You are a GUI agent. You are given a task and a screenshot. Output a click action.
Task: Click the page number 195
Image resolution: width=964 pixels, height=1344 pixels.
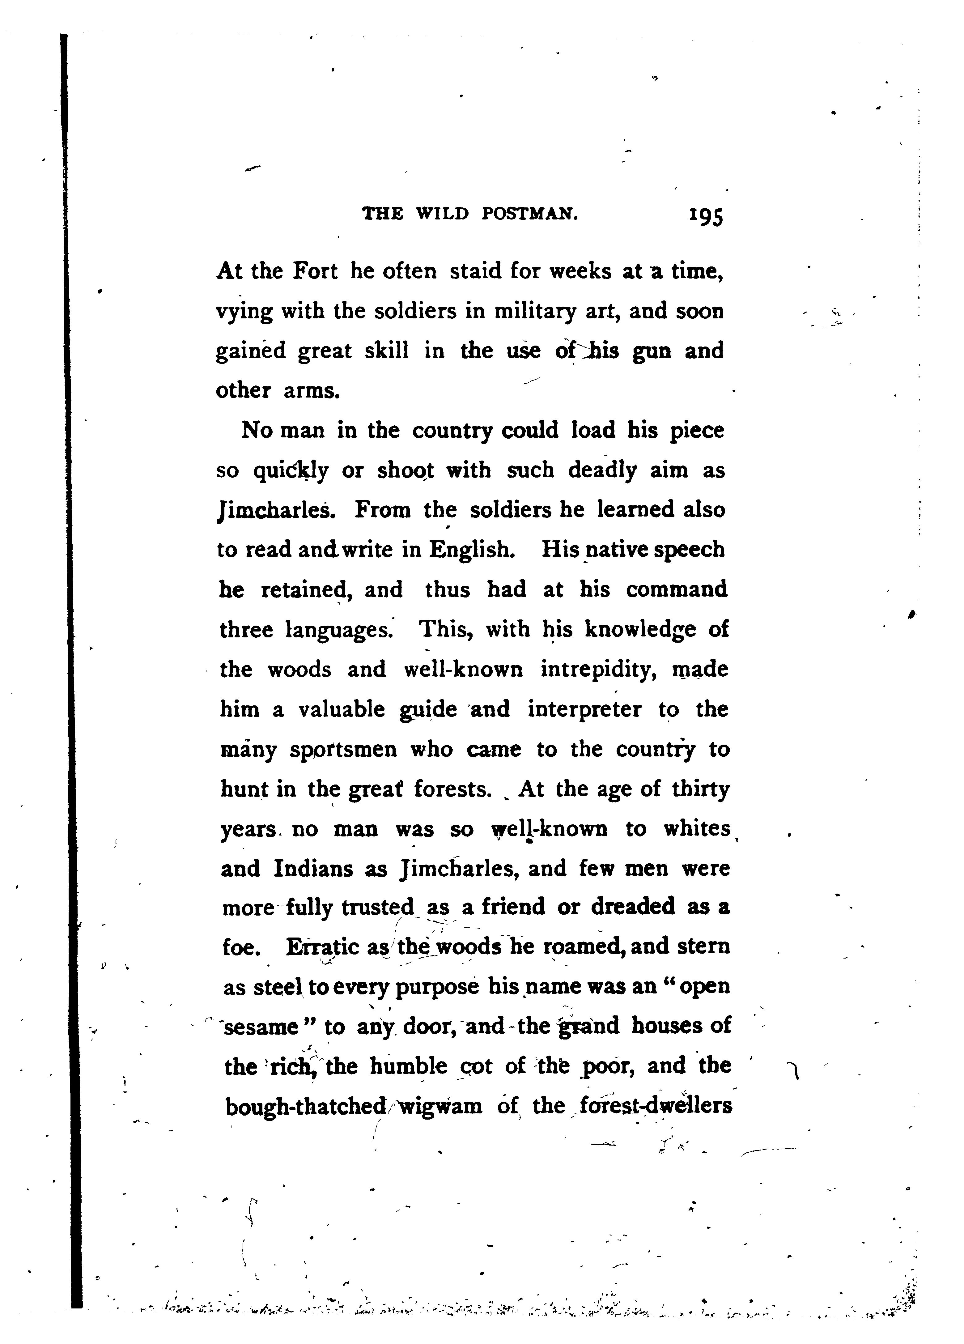tap(706, 215)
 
